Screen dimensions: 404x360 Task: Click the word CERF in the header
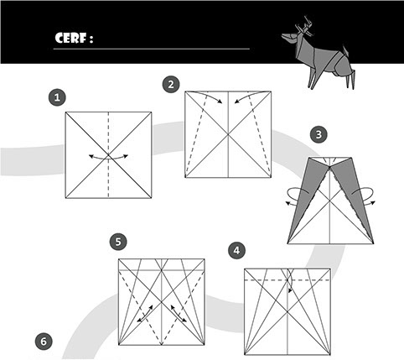pyautogui.click(x=71, y=38)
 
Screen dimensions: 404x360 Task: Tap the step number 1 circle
pyautogui.click(x=57, y=97)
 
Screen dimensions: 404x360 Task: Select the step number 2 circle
pyautogui.click(x=171, y=84)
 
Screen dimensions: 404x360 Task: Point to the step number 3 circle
pyautogui.click(x=319, y=134)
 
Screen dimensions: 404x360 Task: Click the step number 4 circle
pyautogui.click(x=236, y=250)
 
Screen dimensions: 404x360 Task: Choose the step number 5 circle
pyautogui.click(x=118, y=242)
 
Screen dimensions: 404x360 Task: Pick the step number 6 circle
pyautogui.click(x=44, y=342)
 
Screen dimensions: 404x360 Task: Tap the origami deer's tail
pyautogui.click(x=346, y=50)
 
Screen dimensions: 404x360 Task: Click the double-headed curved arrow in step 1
pyautogui.click(x=108, y=158)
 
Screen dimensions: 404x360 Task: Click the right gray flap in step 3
pyautogui.click(x=354, y=196)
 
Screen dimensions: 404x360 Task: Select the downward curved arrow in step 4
pyautogui.click(x=291, y=280)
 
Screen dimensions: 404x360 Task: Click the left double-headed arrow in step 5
pyautogui.click(x=145, y=314)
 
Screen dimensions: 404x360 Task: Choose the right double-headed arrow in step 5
pyautogui.click(x=179, y=314)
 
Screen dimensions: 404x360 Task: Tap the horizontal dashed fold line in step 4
pyautogui.click(x=287, y=279)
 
